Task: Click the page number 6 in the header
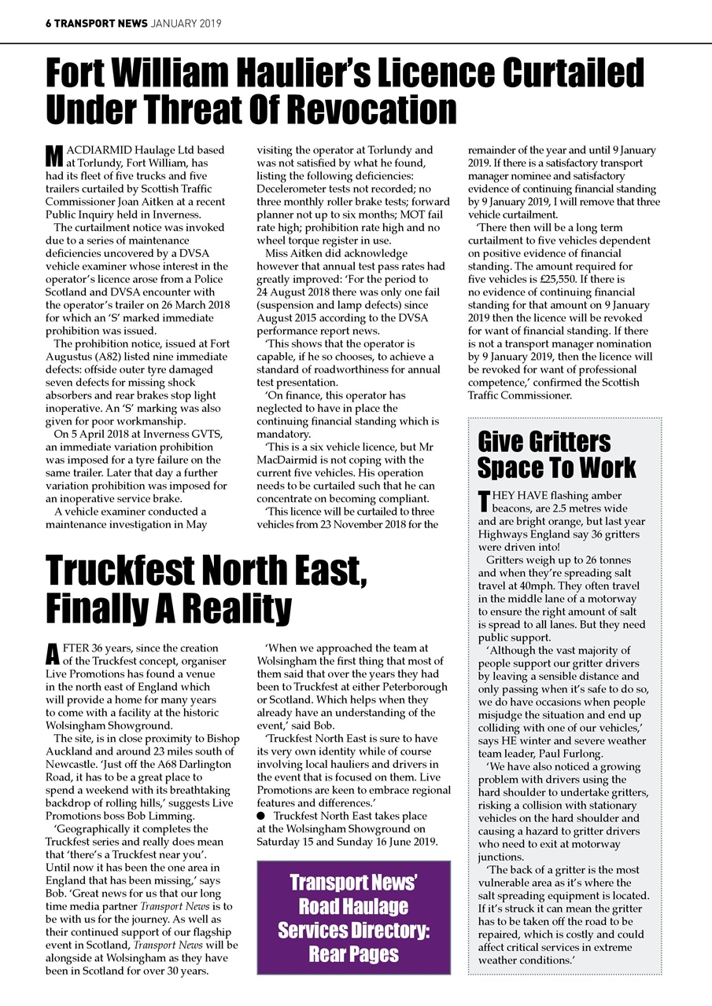point(48,24)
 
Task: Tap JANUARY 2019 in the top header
point(186,24)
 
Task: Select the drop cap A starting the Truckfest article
point(52,654)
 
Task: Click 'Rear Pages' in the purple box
point(353,954)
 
